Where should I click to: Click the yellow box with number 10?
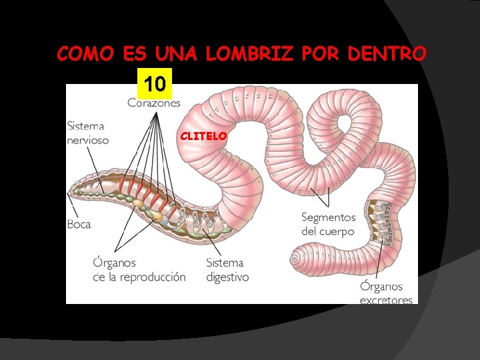click(x=155, y=84)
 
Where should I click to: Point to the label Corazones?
click(x=153, y=103)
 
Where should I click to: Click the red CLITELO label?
click(x=204, y=135)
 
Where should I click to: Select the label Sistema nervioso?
click(x=87, y=133)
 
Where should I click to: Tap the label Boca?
click(x=79, y=224)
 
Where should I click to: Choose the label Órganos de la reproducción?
click(x=139, y=269)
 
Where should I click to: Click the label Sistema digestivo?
click(x=227, y=269)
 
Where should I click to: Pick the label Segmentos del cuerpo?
click(x=328, y=225)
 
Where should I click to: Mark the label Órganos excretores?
click(x=386, y=293)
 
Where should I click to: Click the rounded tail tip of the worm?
click(x=298, y=257)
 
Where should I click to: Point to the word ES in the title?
click(x=135, y=54)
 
